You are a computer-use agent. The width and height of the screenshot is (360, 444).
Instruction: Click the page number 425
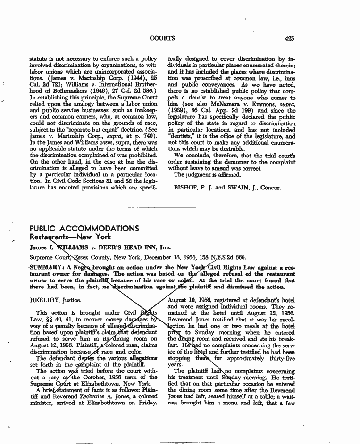pyautogui.click(x=289, y=38)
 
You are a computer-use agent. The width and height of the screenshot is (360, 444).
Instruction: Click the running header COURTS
pyautogui.click(x=162, y=38)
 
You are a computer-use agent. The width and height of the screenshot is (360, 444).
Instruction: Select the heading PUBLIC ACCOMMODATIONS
pyautogui.click(x=84, y=229)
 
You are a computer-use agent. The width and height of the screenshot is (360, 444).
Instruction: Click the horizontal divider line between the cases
pyautogui.click(x=162, y=208)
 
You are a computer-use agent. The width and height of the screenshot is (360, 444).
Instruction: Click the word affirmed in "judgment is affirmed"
pyautogui.click(x=222, y=174)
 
